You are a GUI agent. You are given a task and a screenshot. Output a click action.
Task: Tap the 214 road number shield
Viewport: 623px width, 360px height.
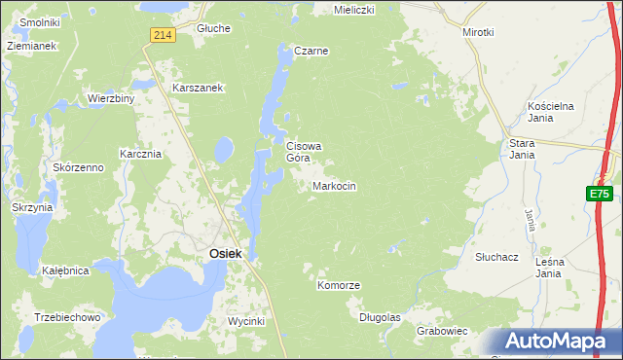pos(163,35)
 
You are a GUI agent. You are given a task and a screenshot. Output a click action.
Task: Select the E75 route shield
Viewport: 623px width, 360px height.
pos(600,195)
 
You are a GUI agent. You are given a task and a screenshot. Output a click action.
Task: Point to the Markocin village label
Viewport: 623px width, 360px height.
pos(334,185)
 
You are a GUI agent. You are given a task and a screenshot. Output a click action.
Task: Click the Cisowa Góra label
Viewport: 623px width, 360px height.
pos(303,152)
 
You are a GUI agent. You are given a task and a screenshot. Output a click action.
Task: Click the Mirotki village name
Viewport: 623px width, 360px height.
pos(479,32)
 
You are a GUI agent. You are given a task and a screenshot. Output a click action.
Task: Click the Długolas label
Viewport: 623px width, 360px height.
pos(380,317)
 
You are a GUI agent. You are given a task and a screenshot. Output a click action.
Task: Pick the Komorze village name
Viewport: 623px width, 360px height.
pos(339,285)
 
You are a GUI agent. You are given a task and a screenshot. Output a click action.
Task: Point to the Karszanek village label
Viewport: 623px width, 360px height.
pos(199,88)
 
